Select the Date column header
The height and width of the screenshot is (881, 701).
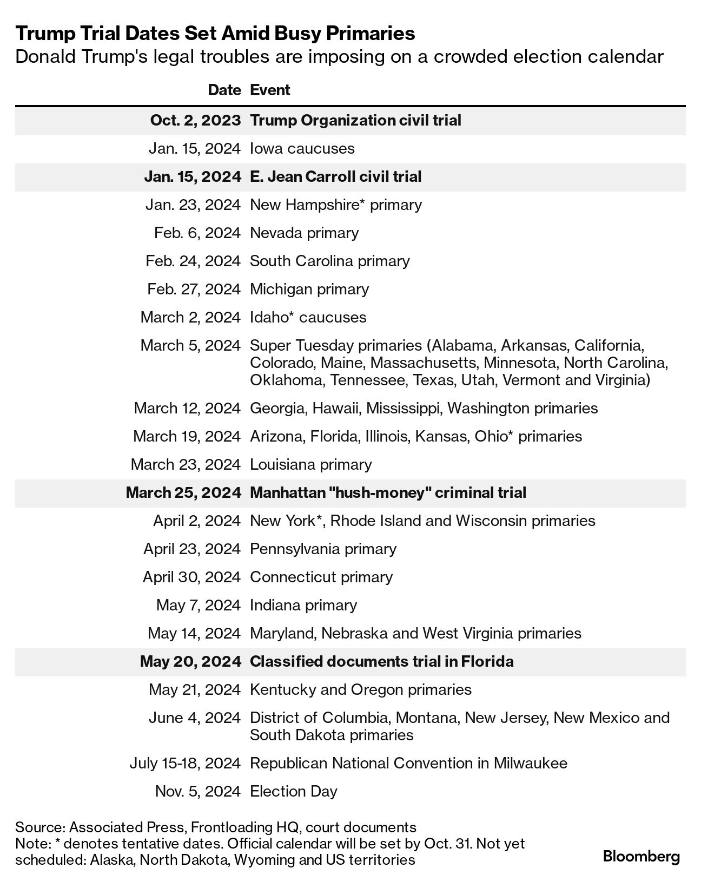pyautogui.click(x=224, y=90)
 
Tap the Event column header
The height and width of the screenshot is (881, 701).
pyautogui.click(x=270, y=90)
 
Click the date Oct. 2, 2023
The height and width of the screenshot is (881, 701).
pyautogui.click(x=195, y=120)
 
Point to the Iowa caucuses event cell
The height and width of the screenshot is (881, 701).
pyautogui.click(x=302, y=148)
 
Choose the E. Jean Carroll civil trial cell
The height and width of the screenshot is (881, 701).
pyautogui.click(x=335, y=176)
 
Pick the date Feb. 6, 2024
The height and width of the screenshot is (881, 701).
pyautogui.click(x=197, y=233)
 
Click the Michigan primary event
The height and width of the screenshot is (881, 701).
pyautogui.click(x=309, y=289)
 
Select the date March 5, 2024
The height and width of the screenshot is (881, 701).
pyautogui.click(x=190, y=345)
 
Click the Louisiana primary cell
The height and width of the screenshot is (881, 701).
pyautogui.click(x=310, y=464)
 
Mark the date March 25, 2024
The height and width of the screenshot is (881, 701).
pyautogui.click(x=183, y=492)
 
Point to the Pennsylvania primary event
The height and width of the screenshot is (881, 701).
pyautogui.click(x=323, y=549)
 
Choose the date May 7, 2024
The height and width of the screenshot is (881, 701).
pyautogui.click(x=198, y=605)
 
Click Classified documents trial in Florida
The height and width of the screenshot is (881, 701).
pyautogui.click(x=381, y=661)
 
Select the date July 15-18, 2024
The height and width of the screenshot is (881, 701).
pyautogui.click(x=185, y=763)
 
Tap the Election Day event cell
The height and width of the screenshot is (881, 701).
pyautogui.click(x=293, y=791)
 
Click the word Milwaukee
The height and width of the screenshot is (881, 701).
pyautogui.click(x=530, y=763)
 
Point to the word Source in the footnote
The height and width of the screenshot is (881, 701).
pyautogui.click(x=39, y=827)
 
